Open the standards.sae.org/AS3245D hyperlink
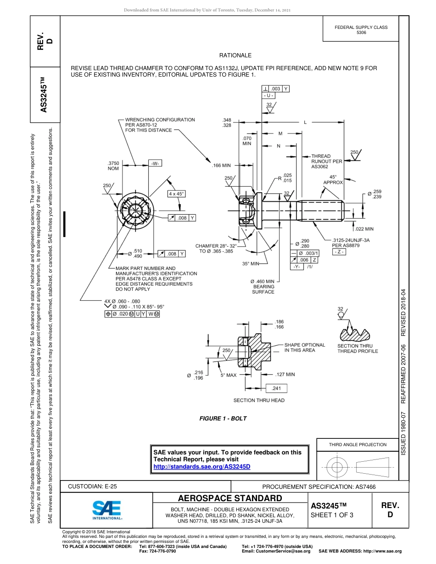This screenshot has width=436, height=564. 201,466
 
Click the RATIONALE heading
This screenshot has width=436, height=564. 235,55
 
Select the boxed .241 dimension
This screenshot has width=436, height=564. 276,388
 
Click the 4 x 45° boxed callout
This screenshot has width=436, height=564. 176,194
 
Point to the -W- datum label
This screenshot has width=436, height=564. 156,163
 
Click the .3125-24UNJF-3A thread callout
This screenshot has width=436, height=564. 351,240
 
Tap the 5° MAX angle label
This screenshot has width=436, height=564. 229,375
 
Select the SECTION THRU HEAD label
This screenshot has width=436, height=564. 259,400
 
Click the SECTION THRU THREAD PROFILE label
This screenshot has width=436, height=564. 358,348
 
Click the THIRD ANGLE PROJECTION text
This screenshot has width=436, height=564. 358,444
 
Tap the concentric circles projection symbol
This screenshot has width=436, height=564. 337,467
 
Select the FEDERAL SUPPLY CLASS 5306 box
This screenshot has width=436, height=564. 361,30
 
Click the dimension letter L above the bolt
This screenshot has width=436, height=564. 305,122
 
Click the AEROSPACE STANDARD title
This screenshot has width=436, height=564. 230,498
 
